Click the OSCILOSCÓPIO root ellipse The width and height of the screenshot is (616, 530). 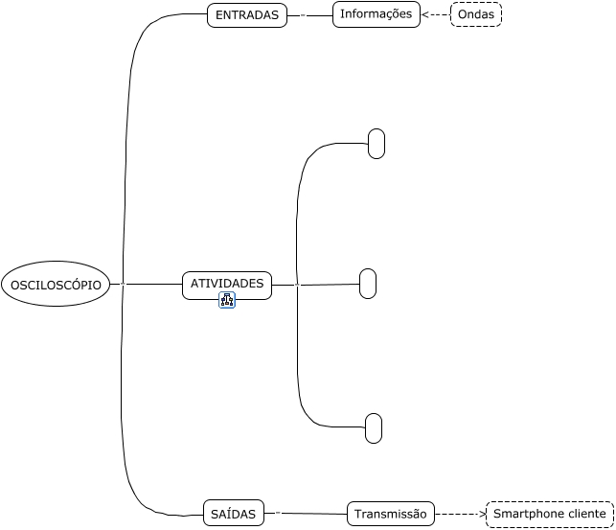tap(56, 284)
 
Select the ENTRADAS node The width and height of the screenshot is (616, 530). tap(246, 15)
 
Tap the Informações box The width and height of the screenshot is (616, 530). tap(376, 14)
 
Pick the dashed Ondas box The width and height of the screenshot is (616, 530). tap(476, 14)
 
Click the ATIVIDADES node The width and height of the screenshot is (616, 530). tap(227, 285)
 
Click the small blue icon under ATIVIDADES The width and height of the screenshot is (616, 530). tap(227, 301)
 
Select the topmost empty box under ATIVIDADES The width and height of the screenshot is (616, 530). tap(376, 144)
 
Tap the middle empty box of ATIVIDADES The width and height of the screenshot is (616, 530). tap(368, 284)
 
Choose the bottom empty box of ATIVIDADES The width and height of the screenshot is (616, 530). tap(374, 428)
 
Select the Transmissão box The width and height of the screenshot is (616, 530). tap(390, 514)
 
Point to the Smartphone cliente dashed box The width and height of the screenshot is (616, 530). tap(549, 514)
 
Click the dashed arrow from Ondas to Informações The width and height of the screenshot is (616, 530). tap(435, 15)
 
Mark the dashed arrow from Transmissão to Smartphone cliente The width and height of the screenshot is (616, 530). tap(461, 514)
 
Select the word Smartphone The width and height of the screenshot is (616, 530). tap(527, 514)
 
